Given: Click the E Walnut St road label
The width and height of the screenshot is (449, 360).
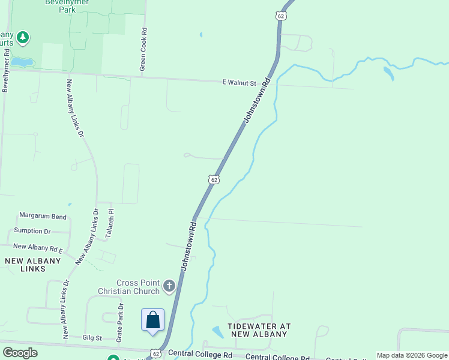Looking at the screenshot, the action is click(239, 83).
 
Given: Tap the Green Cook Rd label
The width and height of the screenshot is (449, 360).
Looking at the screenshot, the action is click(143, 50).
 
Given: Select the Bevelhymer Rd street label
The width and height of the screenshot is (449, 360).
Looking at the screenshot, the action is click(6, 70).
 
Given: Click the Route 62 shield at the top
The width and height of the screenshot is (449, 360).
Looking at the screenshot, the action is click(280, 16).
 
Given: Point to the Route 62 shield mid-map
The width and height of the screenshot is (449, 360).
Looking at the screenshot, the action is click(214, 179).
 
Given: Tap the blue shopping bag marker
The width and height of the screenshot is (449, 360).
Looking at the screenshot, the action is click(153, 320).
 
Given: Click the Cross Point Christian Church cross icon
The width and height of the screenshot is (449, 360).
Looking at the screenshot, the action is click(169, 286).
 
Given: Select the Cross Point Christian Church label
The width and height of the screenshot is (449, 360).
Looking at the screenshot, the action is click(138, 287).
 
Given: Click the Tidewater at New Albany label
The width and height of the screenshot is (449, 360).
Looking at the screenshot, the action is click(259, 330).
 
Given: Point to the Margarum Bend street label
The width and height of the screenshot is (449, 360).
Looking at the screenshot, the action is click(43, 215).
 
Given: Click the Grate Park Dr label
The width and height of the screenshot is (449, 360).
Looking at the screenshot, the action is click(120, 323).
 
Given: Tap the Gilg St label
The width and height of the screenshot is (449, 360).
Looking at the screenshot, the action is click(93, 339).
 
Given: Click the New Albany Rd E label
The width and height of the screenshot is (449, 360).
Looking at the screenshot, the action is click(38, 247).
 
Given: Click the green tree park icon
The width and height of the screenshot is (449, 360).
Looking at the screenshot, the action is click(23, 38).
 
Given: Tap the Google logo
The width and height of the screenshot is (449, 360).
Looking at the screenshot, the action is click(20, 353).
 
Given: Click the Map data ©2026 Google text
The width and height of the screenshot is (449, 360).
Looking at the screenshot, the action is click(412, 355).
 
